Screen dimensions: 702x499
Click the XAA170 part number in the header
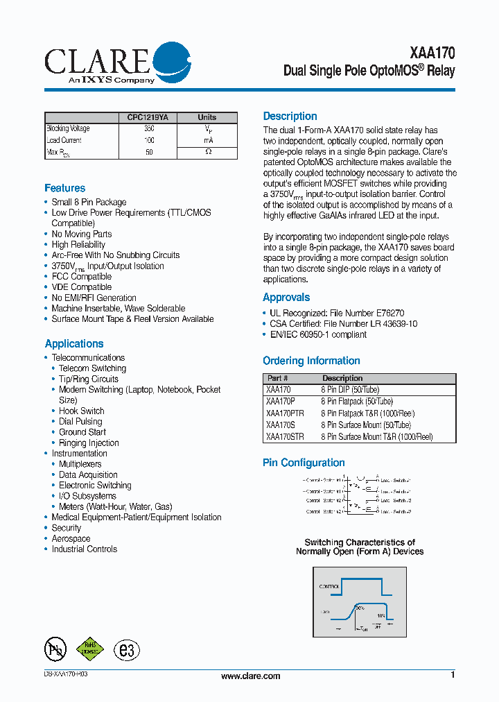coord(432,53)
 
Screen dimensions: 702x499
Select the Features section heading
coord(65,188)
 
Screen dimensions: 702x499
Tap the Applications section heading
coord(74,343)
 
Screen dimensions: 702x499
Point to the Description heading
coord(290,117)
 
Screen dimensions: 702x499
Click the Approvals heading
coord(286,297)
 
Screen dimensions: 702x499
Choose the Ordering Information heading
coord(311,361)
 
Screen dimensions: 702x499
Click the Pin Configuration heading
coord(304,463)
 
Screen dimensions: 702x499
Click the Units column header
coord(207,117)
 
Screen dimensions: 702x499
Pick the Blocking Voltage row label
coord(68,129)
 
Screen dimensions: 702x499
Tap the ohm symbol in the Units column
coord(209,152)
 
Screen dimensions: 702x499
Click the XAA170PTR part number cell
coord(285,413)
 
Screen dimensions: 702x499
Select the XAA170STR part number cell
coord(285,437)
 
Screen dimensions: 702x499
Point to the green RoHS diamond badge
coord(89,649)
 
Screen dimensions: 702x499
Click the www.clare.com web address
coord(250,676)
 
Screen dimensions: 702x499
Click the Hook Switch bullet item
coord(81,411)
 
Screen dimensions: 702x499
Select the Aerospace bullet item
coord(71,538)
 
